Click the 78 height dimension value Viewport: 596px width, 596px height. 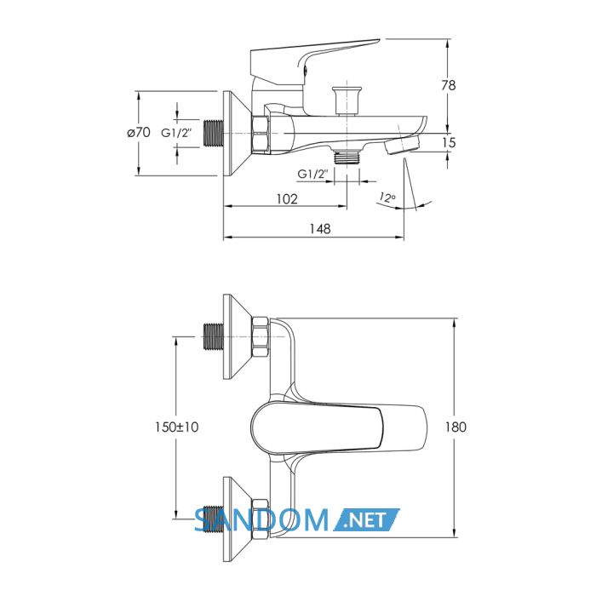click(x=448, y=85)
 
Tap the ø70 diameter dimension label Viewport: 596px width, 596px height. click(x=139, y=132)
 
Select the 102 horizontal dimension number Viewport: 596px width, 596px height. click(x=287, y=198)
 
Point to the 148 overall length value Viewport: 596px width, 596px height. click(x=320, y=229)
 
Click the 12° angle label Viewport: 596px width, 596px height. click(x=387, y=198)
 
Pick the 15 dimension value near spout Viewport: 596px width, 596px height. click(x=449, y=142)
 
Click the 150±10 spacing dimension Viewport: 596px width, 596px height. click(x=177, y=427)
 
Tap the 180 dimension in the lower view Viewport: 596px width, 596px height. click(x=456, y=427)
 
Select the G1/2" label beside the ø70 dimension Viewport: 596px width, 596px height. click(x=177, y=133)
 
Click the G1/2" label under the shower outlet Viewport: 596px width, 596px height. click(x=312, y=174)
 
